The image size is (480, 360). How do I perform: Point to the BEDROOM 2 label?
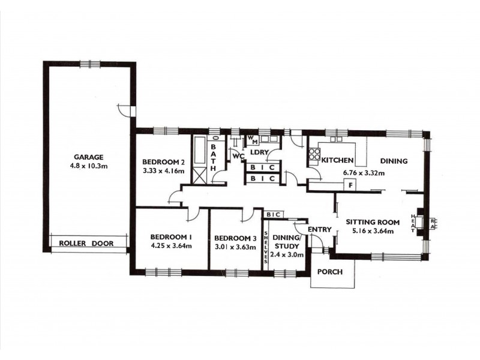pyautogui.click(x=163, y=162)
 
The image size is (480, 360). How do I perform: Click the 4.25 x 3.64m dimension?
pyautogui.click(x=170, y=245)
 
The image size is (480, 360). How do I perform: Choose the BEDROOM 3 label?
pyautogui.click(x=235, y=237)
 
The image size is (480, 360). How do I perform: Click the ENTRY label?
pyautogui.click(x=319, y=229)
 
